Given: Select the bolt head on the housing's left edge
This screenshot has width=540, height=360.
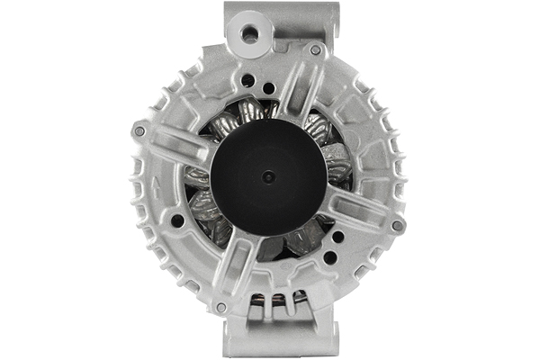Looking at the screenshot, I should (x=139, y=131).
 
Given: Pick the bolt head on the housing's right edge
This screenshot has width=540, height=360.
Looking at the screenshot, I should (x=397, y=225).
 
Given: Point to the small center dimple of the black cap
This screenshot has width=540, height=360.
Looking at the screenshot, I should (x=266, y=176).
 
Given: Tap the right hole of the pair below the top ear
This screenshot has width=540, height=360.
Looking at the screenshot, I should (x=268, y=90).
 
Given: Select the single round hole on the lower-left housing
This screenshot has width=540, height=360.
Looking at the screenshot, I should (x=177, y=220).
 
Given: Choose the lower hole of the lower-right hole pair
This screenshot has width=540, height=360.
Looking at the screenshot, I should (x=330, y=256).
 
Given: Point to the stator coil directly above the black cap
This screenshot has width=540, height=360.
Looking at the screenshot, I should (x=252, y=112).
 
